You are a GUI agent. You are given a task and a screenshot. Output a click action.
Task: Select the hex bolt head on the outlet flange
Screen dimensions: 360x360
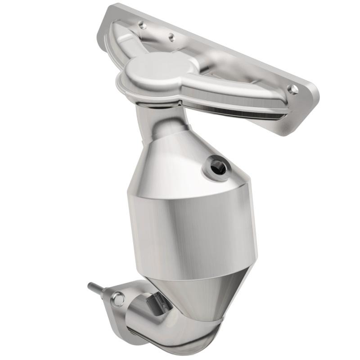[x=117, y=297]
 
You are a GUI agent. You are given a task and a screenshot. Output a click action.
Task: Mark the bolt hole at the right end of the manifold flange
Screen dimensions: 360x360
[x=293, y=89]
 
